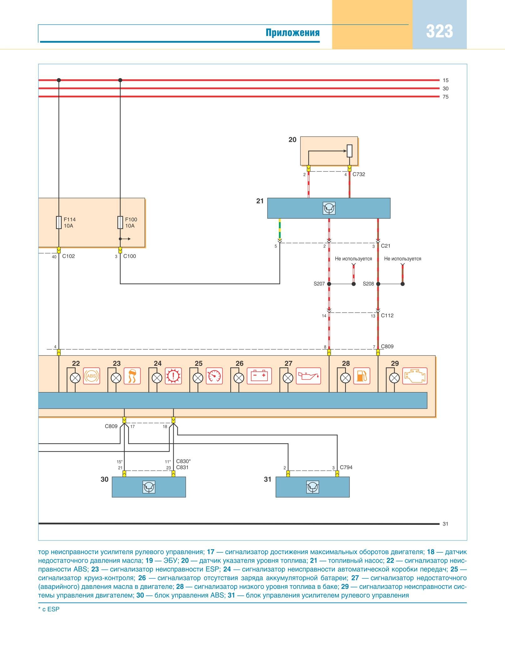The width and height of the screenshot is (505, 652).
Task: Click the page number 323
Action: pyautogui.click(x=439, y=32)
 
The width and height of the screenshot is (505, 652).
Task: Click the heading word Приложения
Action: pyautogui.click(x=293, y=33)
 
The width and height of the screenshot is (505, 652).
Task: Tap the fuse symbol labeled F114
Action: pyautogui.click(x=59, y=222)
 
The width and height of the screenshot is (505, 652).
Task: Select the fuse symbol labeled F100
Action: pyautogui.click(x=120, y=222)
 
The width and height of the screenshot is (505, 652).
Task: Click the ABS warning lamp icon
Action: pyautogui.click(x=91, y=376)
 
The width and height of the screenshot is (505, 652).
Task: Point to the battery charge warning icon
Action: pyautogui.click(x=259, y=376)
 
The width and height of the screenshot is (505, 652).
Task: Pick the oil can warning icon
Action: pyautogui.click(x=308, y=376)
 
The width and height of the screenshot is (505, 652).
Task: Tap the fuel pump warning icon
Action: pyautogui.click(x=361, y=376)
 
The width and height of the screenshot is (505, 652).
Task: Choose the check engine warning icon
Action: pyautogui.click(x=415, y=376)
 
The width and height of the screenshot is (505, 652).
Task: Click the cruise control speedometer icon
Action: pyautogui.click(x=214, y=376)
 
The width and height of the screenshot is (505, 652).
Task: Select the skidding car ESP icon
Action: pyautogui.click(x=132, y=376)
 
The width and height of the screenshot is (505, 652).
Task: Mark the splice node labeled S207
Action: pyautogui.click(x=329, y=284)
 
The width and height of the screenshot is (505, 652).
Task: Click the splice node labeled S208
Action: pyautogui.click(x=378, y=284)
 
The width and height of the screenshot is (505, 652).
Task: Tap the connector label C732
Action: pyautogui.click(x=359, y=174)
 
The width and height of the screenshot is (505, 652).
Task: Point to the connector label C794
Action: pyautogui.click(x=346, y=467)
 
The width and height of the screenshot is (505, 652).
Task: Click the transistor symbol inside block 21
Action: pyautogui.click(x=329, y=208)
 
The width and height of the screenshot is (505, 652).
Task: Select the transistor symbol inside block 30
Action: pyautogui.click(x=149, y=487)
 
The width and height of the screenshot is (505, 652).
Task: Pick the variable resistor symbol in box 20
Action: pyautogui.click(x=349, y=151)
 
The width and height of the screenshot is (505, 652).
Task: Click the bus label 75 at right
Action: pyautogui.click(x=445, y=97)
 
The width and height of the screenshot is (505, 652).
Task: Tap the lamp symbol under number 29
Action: pyautogui.click(x=394, y=378)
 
